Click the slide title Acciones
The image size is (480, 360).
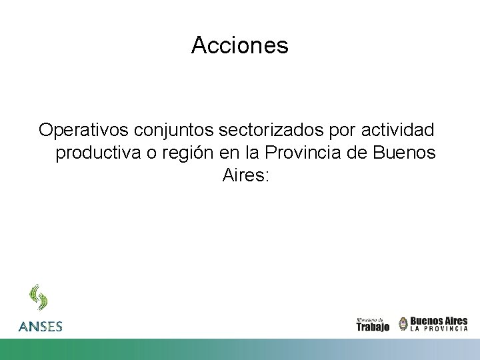(x=239, y=45)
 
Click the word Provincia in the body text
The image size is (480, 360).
(x=303, y=153)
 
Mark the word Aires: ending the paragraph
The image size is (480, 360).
(x=245, y=176)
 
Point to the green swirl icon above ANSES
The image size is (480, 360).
(x=38, y=298)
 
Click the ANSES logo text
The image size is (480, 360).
(x=41, y=327)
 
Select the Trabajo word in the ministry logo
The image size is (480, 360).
(x=373, y=327)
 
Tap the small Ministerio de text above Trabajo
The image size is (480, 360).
(x=369, y=319)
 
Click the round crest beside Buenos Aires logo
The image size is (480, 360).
(x=403, y=324)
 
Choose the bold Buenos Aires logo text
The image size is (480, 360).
(x=439, y=321)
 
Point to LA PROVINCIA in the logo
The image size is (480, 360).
(x=439, y=329)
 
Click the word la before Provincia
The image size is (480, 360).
(x=251, y=153)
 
